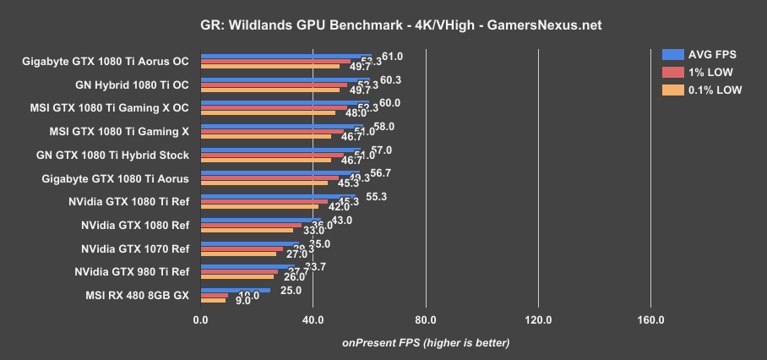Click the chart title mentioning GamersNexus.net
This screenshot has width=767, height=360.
click(383, 25)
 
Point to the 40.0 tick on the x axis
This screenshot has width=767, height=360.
click(313, 321)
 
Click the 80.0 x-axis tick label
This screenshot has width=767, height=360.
click(425, 321)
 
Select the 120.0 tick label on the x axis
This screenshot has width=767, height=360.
click(538, 321)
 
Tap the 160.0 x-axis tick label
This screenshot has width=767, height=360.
click(650, 321)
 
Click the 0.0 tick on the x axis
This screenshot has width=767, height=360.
click(200, 321)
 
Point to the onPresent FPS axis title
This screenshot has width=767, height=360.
click(425, 342)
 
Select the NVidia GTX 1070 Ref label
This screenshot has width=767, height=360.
click(135, 249)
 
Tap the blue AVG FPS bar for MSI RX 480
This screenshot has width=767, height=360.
click(236, 290)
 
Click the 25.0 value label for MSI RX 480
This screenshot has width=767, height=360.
click(291, 290)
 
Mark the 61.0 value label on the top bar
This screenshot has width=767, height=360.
click(392, 57)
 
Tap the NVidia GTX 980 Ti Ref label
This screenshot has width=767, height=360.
click(132, 272)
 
